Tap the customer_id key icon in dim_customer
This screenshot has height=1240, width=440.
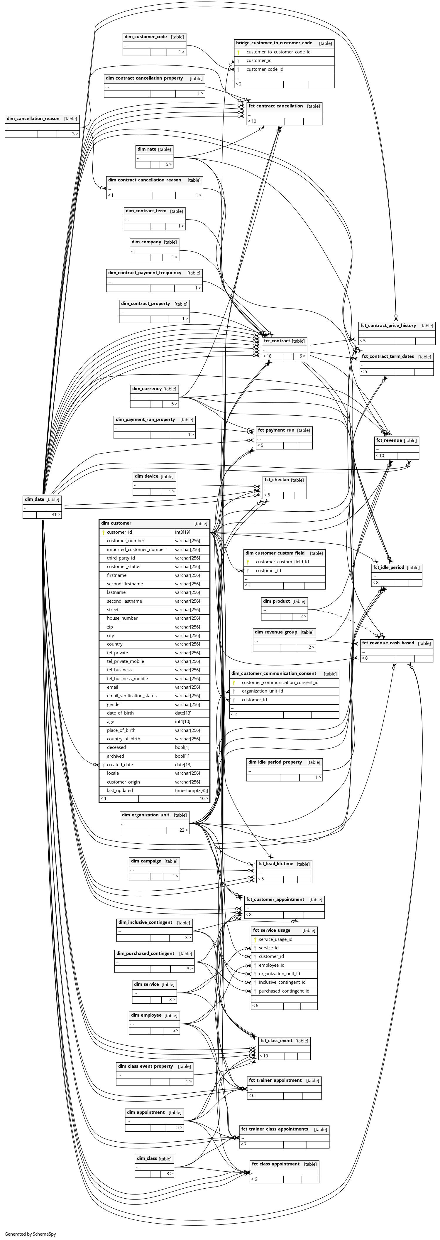[x=103, y=533]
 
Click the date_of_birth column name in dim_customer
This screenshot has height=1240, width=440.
[x=120, y=713]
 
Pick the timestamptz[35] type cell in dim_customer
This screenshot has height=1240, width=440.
[x=191, y=790]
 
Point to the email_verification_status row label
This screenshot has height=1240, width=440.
[x=131, y=695]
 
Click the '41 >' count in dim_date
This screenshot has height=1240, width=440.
[x=56, y=515]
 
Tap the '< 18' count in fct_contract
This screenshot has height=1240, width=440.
[x=267, y=356]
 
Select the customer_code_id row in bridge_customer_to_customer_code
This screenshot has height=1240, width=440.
[x=265, y=69]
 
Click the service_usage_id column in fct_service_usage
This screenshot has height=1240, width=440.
[x=275, y=940]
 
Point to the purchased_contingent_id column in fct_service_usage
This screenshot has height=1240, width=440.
[x=284, y=991]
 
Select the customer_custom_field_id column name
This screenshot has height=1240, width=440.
[x=282, y=562]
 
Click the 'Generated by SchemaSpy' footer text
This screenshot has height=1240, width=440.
[x=30, y=1234]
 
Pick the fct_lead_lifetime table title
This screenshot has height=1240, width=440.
[x=275, y=864]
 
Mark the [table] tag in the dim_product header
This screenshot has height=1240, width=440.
[x=299, y=601]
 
